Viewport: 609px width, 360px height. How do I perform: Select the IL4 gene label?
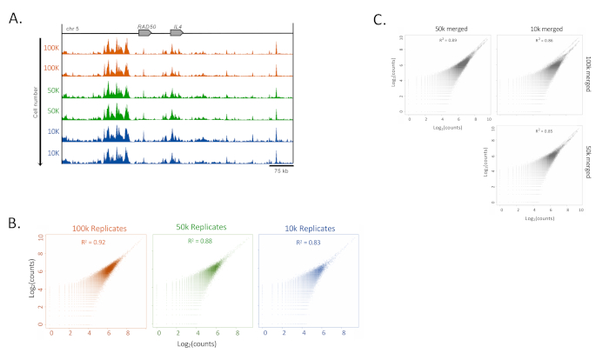click(x=177, y=27)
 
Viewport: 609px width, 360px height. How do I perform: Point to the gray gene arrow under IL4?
click(x=177, y=33)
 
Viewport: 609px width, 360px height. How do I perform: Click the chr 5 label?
click(x=72, y=29)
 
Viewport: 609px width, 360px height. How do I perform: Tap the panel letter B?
click(x=12, y=224)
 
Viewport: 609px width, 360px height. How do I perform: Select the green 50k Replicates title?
click(x=196, y=227)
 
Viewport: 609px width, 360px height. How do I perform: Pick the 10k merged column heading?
click(x=534, y=29)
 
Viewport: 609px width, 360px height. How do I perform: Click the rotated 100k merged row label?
click(x=588, y=75)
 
